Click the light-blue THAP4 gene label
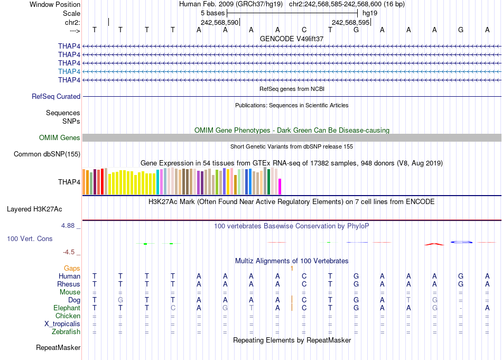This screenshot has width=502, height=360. [x=69, y=71]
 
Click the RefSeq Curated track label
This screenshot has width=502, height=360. [x=56, y=97]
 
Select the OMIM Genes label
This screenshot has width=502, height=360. [x=60, y=138]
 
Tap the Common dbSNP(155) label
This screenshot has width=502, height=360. [x=47, y=154]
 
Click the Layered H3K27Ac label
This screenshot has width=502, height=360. [x=43, y=209]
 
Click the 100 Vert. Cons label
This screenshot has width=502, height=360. [x=30, y=239]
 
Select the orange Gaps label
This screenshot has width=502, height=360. [x=72, y=269]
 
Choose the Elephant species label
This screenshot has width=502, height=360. [x=67, y=308]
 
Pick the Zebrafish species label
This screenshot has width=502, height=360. [x=66, y=332]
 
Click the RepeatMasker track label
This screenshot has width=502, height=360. [x=58, y=348]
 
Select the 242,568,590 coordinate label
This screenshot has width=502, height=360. [x=220, y=23]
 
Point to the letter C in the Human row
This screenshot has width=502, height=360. [x=304, y=276]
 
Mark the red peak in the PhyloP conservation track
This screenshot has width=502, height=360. [x=434, y=244]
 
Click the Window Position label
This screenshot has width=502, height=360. [x=55, y=4]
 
